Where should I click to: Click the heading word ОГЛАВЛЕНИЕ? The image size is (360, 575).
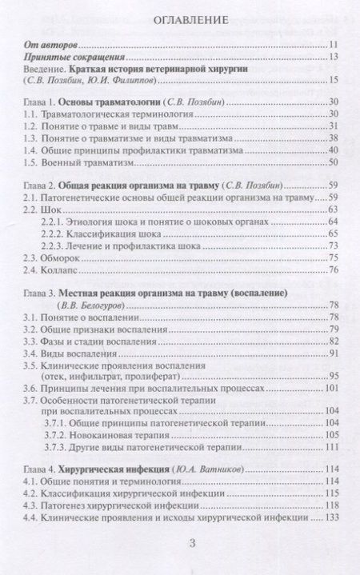click(x=180, y=18)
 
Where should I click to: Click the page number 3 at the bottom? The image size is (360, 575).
click(x=180, y=543)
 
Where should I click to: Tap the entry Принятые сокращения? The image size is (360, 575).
click(x=71, y=57)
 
